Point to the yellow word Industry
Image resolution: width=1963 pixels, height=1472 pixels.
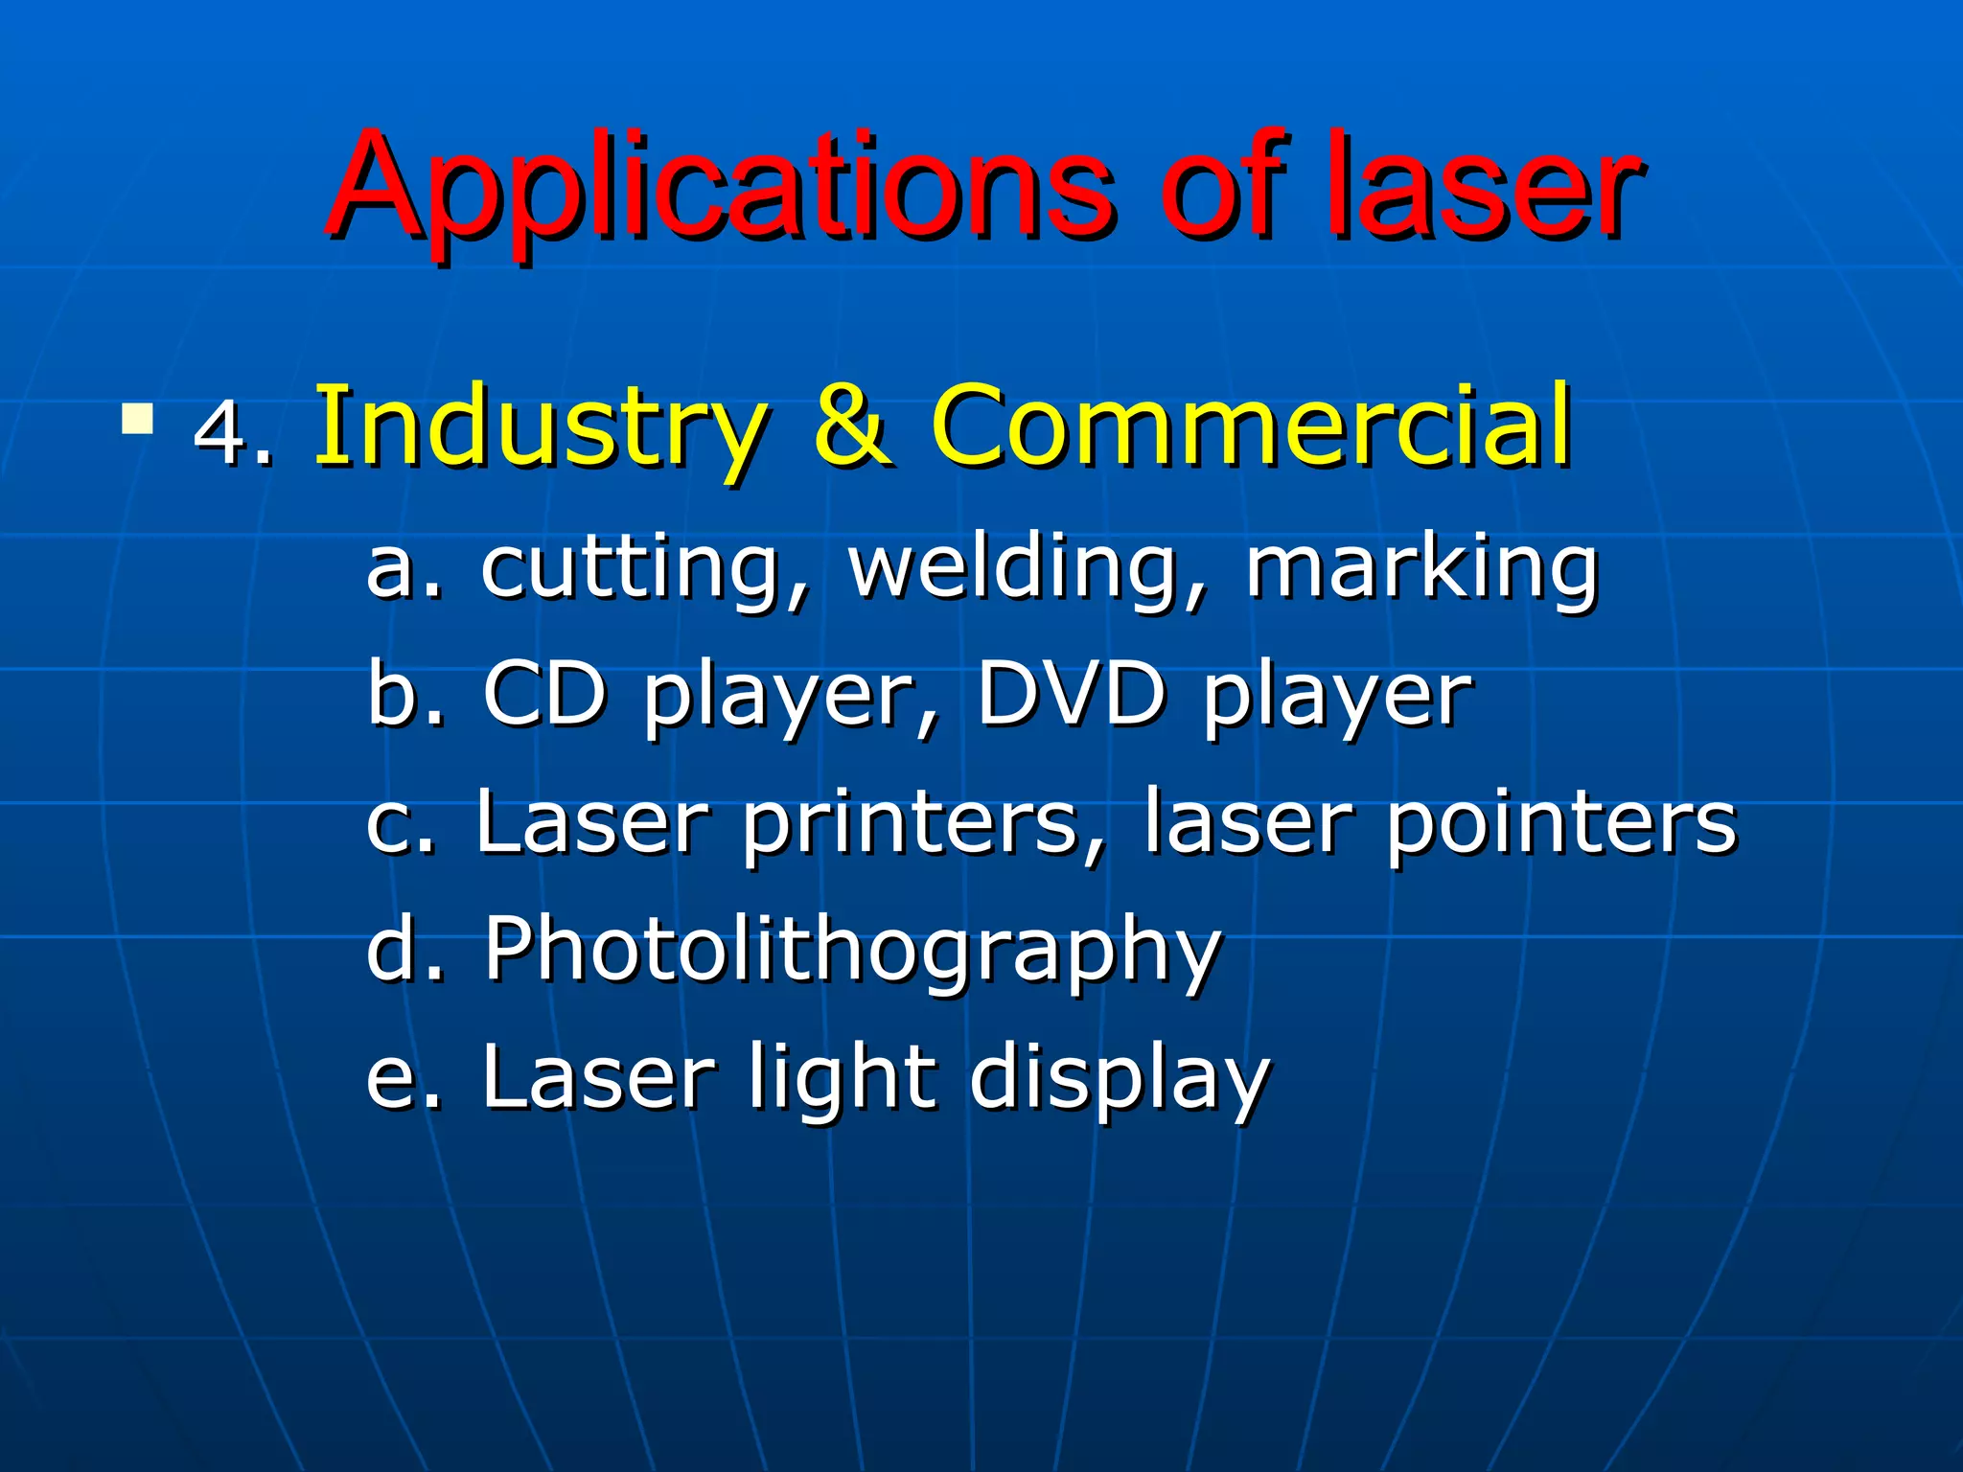coord(542,426)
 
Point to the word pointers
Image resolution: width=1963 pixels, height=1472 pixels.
coord(1561,822)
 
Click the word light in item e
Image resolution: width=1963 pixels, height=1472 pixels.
coord(843,1078)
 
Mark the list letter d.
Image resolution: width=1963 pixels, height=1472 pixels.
coord(394,949)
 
